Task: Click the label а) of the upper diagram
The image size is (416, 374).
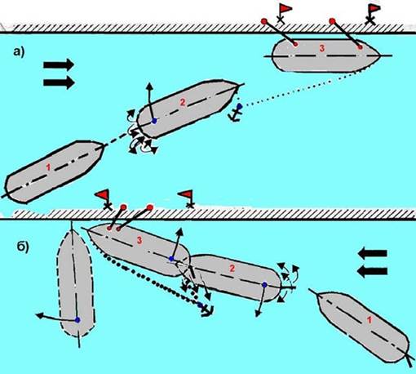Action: pos(19,51)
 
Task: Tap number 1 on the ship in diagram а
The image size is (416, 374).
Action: pos(48,167)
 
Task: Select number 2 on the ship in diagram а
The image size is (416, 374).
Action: pos(183,102)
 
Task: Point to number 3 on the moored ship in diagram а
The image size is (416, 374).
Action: pos(322,48)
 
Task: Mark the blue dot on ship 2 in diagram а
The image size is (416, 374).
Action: pos(154,121)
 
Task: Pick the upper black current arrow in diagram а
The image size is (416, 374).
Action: pos(59,65)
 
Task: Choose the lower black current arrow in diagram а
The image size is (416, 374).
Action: pos(59,82)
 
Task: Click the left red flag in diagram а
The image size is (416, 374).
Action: pos(285,9)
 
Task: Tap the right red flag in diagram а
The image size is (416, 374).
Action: pos(374,8)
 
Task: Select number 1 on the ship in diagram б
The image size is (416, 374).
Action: pos(369,320)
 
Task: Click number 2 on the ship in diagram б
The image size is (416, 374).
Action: pos(232,269)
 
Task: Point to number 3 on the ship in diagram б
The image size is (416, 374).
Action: pos(139,240)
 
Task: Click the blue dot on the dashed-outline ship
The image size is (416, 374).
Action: pos(77,320)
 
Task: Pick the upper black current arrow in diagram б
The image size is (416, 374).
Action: pos(372,254)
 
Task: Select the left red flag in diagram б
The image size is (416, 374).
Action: pos(102,194)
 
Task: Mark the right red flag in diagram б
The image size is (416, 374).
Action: pos(186,194)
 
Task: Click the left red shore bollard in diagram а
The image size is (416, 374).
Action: pos(263,21)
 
